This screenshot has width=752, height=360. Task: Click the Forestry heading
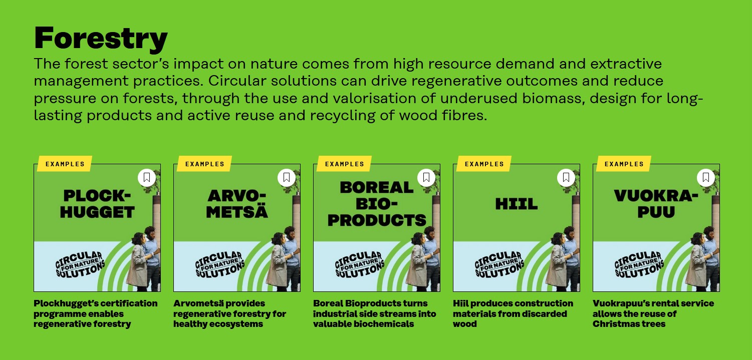point(101,39)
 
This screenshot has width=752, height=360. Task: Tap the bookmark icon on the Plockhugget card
point(147,177)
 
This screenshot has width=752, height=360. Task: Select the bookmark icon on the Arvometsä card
point(287,177)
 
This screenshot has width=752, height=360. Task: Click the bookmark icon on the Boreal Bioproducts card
point(426,177)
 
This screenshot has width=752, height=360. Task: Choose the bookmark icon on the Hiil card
point(566,177)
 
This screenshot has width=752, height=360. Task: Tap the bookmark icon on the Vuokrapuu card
point(706,177)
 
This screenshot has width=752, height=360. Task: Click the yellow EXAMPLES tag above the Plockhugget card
point(65,164)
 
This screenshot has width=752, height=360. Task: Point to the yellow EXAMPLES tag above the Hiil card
point(484,164)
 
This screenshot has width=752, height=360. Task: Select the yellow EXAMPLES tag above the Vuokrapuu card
point(624,164)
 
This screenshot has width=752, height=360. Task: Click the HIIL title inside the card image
point(517,204)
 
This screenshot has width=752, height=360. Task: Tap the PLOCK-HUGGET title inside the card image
point(97,204)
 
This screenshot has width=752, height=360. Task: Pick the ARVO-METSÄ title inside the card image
point(237,204)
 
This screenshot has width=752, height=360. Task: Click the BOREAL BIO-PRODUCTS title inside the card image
point(377,204)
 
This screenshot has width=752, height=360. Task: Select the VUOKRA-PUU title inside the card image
point(656,204)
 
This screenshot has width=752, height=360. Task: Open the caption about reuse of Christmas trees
point(653,314)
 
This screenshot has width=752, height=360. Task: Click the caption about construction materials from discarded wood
point(513,314)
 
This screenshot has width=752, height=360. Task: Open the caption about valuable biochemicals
point(375,314)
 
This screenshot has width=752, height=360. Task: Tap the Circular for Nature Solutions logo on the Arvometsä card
point(220,264)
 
